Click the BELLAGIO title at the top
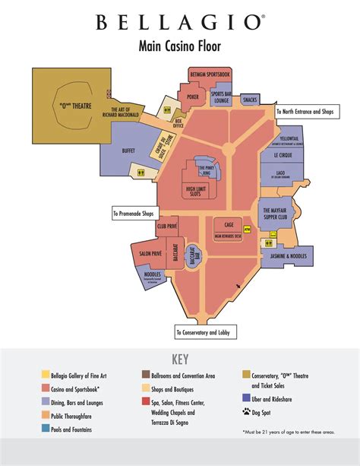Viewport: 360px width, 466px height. tap(180, 23)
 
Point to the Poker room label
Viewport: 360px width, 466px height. tap(193, 98)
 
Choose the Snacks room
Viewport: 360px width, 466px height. tap(250, 100)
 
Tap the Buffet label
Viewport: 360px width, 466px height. tap(128, 151)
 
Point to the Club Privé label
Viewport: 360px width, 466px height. tap(167, 227)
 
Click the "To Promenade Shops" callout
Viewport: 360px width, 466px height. tap(138, 213)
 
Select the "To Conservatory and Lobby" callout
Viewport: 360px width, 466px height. tap(206, 332)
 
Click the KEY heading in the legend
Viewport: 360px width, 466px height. tap(180, 359)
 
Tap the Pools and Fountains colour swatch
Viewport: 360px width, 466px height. tap(46, 429)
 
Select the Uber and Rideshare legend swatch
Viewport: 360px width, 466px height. tap(246, 398)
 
